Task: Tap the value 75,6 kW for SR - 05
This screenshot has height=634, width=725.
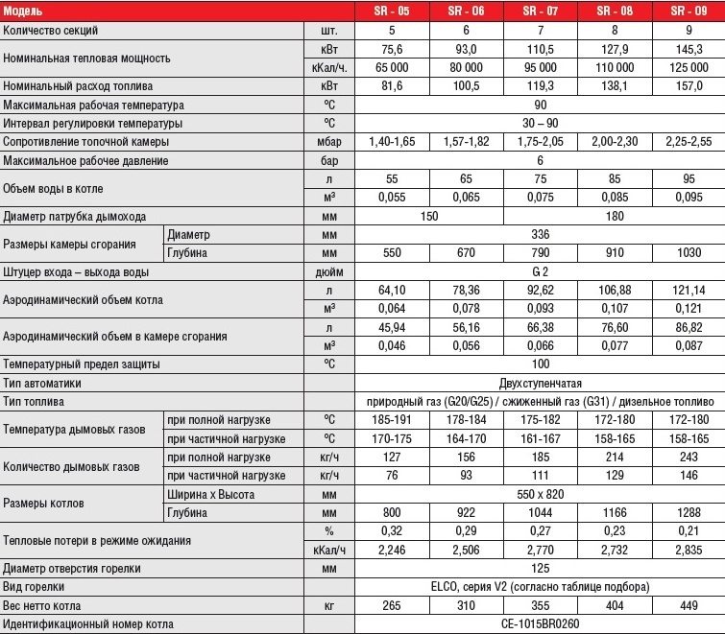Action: tap(392, 48)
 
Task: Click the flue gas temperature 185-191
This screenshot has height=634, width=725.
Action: tap(392, 420)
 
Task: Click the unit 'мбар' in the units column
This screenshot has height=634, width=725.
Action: tap(328, 141)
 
